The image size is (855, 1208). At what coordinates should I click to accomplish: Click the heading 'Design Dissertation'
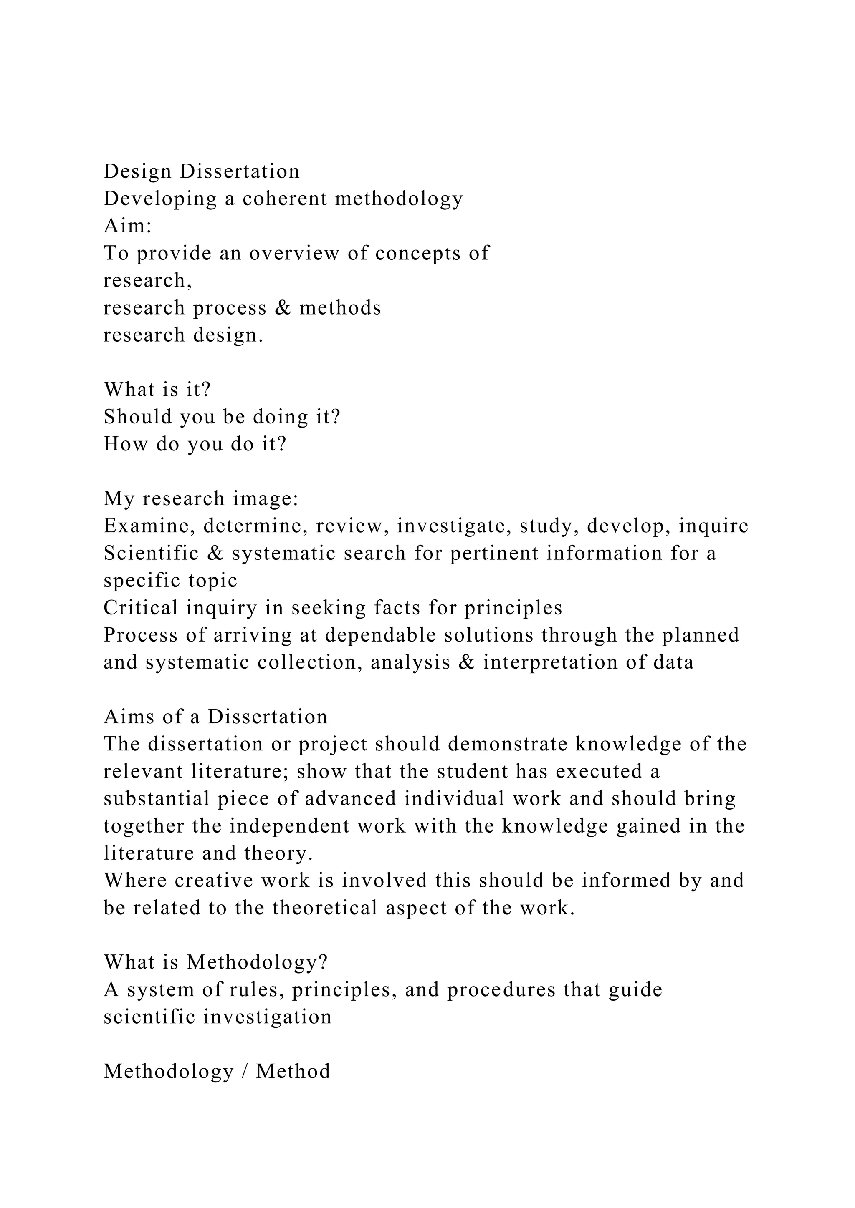pos(202,171)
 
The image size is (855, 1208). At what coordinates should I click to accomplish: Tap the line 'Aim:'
pos(128,226)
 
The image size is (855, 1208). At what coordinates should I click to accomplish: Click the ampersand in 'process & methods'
pos(283,308)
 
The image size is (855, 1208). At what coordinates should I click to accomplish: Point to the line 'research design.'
pos(183,335)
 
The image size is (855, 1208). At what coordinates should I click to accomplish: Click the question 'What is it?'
pos(157,390)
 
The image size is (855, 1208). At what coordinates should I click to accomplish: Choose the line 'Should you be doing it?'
pos(222,417)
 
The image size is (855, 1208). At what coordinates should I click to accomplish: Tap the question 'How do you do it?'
pos(195,444)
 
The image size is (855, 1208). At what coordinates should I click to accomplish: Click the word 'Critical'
pos(141,608)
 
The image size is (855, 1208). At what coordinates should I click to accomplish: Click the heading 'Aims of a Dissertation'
pos(216,717)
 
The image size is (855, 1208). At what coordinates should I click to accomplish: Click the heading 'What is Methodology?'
pos(216,962)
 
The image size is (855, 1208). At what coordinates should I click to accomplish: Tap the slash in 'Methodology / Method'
pos(245,1072)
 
